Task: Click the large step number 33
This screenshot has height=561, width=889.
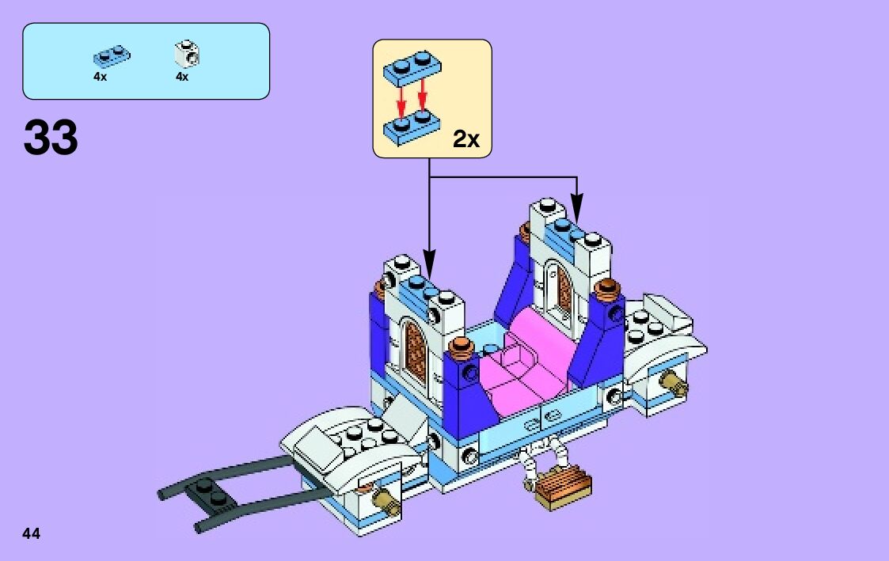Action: pyautogui.click(x=51, y=138)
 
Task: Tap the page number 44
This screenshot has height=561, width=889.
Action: pyautogui.click(x=32, y=533)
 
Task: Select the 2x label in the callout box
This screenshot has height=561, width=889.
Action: pyautogui.click(x=466, y=140)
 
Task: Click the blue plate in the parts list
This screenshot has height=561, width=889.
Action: pyautogui.click(x=112, y=56)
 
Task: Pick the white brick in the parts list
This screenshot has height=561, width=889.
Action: pyautogui.click(x=187, y=55)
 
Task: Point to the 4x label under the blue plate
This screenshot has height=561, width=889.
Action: pyautogui.click(x=100, y=77)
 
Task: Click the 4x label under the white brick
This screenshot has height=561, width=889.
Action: pyautogui.click(x=182, y=77)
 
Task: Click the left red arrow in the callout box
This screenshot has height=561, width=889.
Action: pyautogui.click(x=401, y=100)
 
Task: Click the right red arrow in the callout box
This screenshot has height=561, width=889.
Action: pyautogui.click(x=422, y=98)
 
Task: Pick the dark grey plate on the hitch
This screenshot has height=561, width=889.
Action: pyautogui.click(x=211, y=493)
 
